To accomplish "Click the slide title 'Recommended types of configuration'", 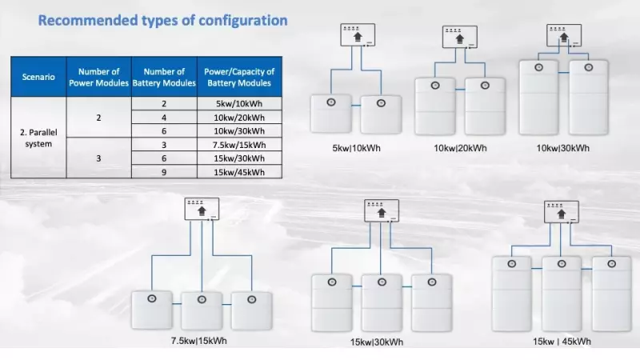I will tap(162, 20).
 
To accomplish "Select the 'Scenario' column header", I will tap(38, 77).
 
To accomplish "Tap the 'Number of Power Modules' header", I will tap(98, 77).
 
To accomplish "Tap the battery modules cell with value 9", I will tap(163, 172).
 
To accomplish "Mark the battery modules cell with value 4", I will tap(163, 118).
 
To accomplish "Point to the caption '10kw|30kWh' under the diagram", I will tap(564, 148).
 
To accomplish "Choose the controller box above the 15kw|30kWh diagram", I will tap(381, 211).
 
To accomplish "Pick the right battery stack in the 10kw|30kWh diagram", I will tap(590, 98).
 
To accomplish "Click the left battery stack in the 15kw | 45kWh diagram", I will tap(511, 293).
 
